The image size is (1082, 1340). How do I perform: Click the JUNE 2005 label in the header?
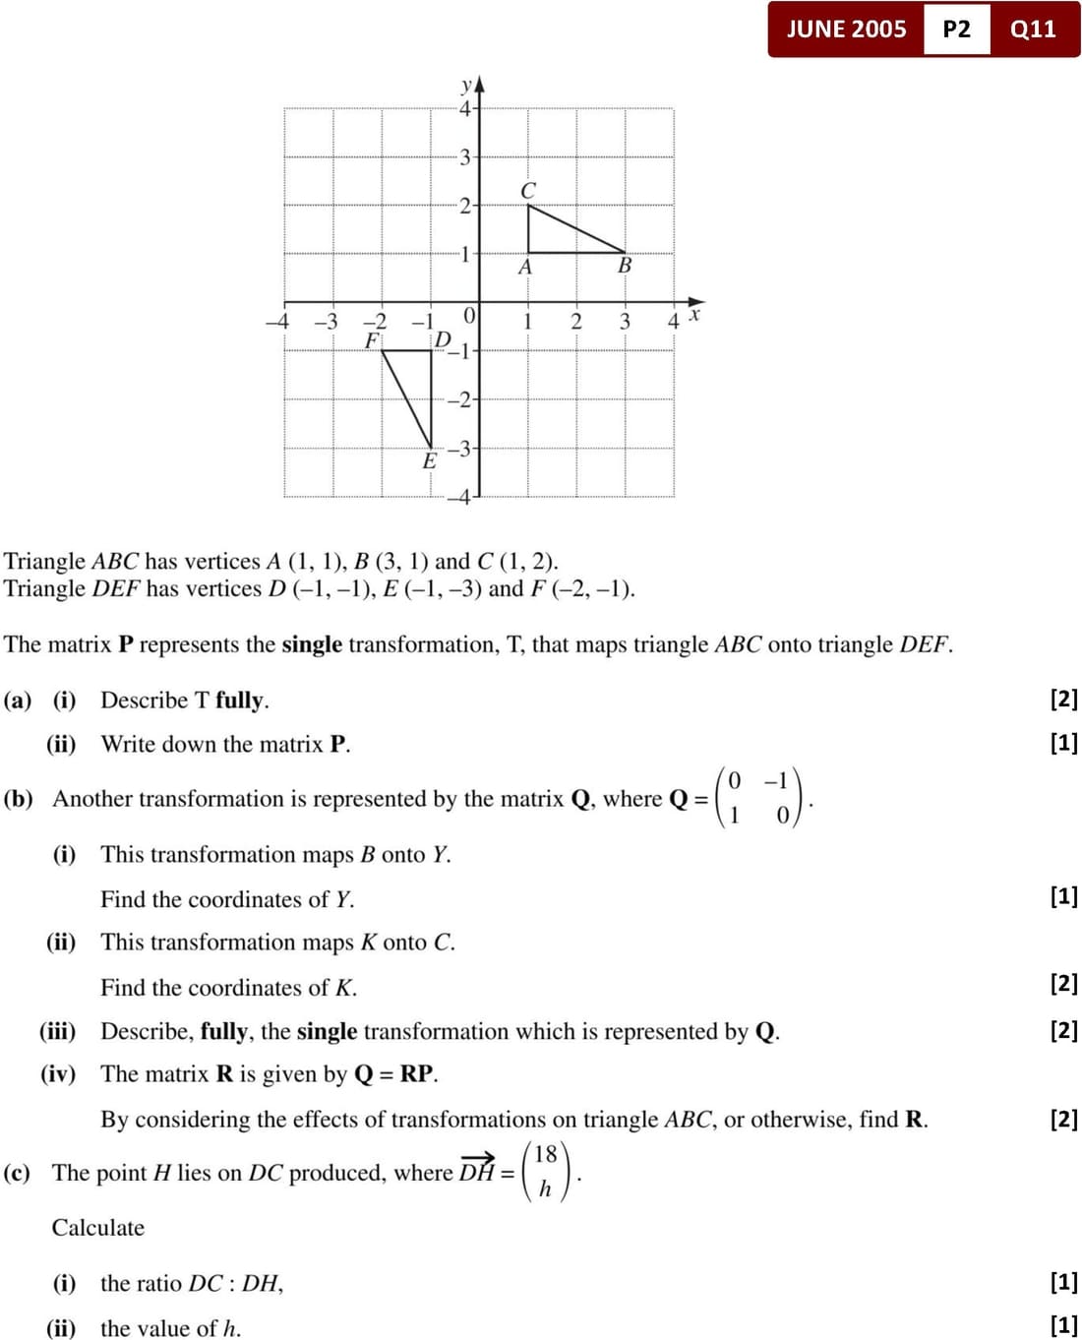[846, 29]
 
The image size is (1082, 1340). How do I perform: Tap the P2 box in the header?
[956, 29]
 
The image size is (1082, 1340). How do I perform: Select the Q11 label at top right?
[1033, 29]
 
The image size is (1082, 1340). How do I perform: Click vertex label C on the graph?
[528, 190]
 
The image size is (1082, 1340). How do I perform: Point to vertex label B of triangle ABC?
[625, 266]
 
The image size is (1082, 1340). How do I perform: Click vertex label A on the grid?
[525, 267]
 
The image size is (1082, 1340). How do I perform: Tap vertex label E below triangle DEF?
[429, 461]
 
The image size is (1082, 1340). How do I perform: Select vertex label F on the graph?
[372, 340]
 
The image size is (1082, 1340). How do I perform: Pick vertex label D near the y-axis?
[443, 339]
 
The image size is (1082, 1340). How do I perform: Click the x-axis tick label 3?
[625, 322]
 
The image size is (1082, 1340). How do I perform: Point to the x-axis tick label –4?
[277, 322]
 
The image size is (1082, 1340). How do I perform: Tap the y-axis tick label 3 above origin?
[465, 156]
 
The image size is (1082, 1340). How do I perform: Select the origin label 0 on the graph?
[469, 316]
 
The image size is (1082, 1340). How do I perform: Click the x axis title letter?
[694, 314]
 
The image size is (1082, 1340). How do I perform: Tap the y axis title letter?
[467, 85]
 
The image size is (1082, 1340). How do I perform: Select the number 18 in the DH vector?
[546, 1154]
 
